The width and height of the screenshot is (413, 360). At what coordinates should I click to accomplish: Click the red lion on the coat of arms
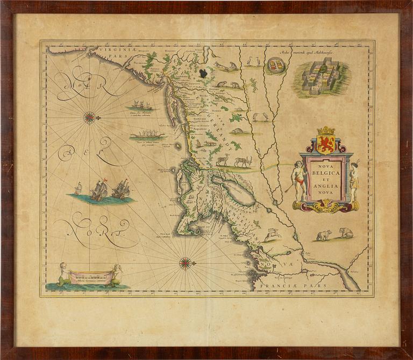coord(326,144)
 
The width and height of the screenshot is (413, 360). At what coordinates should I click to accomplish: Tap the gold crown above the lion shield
coord(326,131)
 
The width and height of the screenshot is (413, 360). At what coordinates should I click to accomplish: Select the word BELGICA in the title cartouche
coord(326,174)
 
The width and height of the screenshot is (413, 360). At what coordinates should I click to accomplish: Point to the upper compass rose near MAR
coord(90,117)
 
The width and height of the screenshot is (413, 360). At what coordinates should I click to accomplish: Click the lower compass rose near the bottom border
coord(185,263)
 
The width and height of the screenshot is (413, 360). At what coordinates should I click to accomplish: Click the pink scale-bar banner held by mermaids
coord(90,277)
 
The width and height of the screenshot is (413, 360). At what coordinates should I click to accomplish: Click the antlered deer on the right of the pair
coord(243,161)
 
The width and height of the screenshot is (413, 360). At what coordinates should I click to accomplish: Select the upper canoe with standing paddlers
coord(140,105)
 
